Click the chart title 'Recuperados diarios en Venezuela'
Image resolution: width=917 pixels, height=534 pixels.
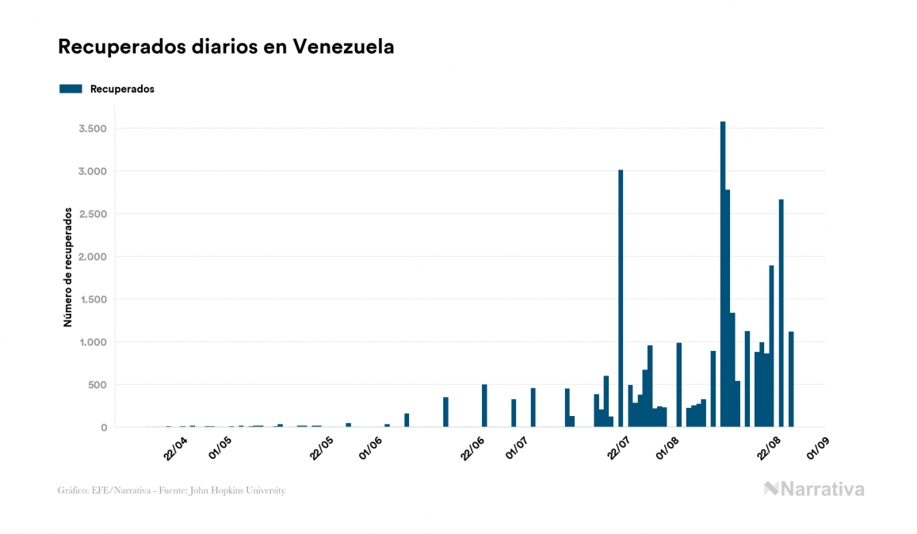(226, 48)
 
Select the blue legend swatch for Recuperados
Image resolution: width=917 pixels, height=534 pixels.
(71, 89)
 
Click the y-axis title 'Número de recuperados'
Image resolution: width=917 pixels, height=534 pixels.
(68, 268)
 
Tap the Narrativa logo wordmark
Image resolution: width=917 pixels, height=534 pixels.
(814, 489)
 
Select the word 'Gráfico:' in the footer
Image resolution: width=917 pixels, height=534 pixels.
(73, 490)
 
